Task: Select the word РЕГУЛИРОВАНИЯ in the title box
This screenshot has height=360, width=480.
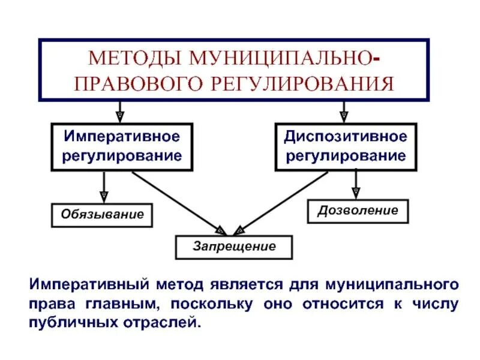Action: click(313, 82)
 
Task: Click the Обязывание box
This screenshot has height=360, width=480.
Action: click(101, 214)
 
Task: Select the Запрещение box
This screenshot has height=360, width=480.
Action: click(234, 246)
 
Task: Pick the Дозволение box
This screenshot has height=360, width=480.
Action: click(358, 211)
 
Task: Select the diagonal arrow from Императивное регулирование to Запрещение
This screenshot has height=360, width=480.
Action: click(177, 201)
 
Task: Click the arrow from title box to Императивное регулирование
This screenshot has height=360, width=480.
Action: click(120, 110)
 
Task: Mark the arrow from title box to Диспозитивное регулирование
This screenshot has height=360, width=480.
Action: click(344, 110)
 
